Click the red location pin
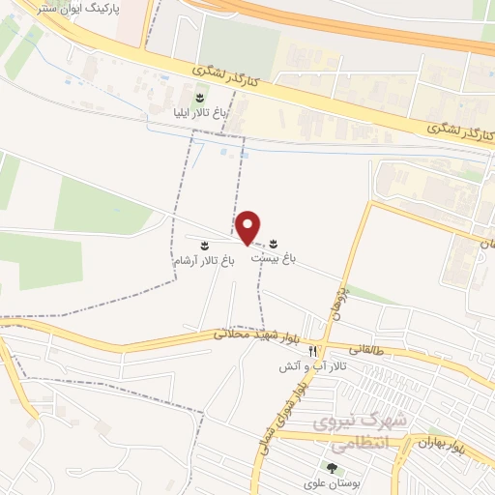[x=249, y=227]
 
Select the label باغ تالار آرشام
[x=204, y=261]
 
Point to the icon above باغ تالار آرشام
[x=204, y=245]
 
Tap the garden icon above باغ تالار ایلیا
[x=200, y=98]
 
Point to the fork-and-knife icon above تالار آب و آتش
[x=312, y=351]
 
